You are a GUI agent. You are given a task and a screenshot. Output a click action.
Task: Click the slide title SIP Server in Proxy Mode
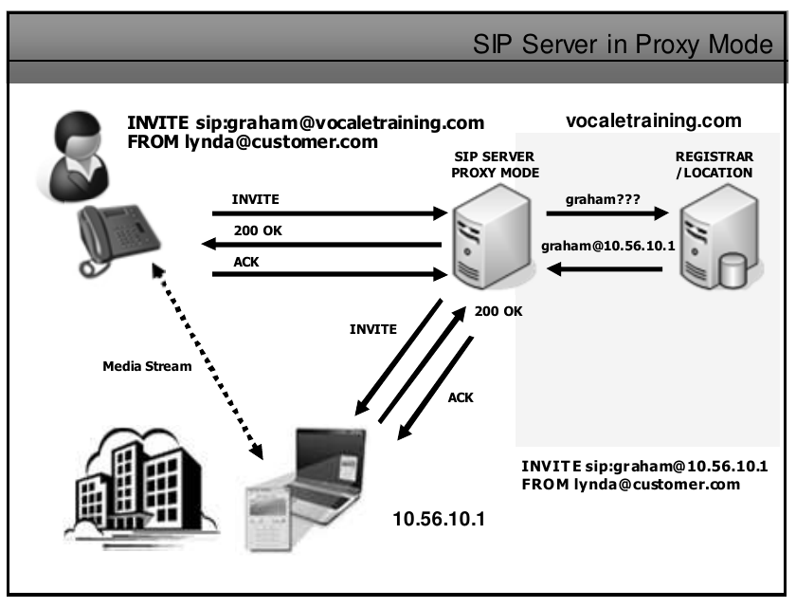coord(625,44)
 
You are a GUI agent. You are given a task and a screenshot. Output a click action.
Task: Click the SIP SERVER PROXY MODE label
coord(495,164)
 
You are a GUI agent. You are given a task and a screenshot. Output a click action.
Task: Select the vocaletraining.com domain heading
coord(653,121)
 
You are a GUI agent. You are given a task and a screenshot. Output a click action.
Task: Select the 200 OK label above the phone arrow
coord(255,230)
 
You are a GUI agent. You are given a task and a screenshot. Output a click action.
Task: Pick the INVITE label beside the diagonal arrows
coord(373,329)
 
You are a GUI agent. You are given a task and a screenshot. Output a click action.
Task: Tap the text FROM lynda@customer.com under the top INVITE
coord(253,142)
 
